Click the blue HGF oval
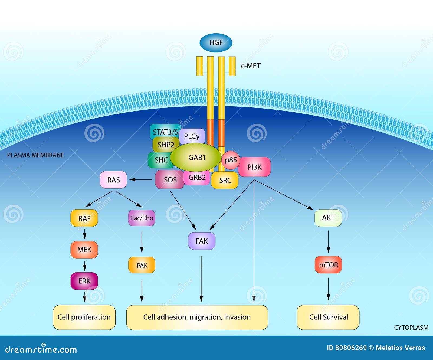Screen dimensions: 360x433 tap(216, 43)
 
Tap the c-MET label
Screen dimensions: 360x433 tap(251, 66)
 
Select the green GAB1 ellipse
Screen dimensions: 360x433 tap(196, 158)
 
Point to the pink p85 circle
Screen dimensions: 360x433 tap(231, 160)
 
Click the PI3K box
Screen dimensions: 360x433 tap(254, 167)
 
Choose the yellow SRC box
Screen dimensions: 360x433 tap(225, 180)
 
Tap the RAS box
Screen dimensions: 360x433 tap(113, 180)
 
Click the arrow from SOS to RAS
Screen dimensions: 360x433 tap(140, 179)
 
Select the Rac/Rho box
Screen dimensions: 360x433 tap(142, 218)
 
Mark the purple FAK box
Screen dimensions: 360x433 tap(202, 241)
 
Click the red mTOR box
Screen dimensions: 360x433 tap(328, 265)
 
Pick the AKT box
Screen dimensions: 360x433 tap(328, 218)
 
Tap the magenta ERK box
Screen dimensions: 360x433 tap(84, 281)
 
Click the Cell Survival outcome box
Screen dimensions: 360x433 tap(328, 317)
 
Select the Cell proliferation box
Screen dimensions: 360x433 tap(84, 317)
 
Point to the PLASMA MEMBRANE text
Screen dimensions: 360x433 tap(35, 155)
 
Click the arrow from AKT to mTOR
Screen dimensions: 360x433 tap(328, 241)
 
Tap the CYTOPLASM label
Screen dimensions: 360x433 tap(411, 328)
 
